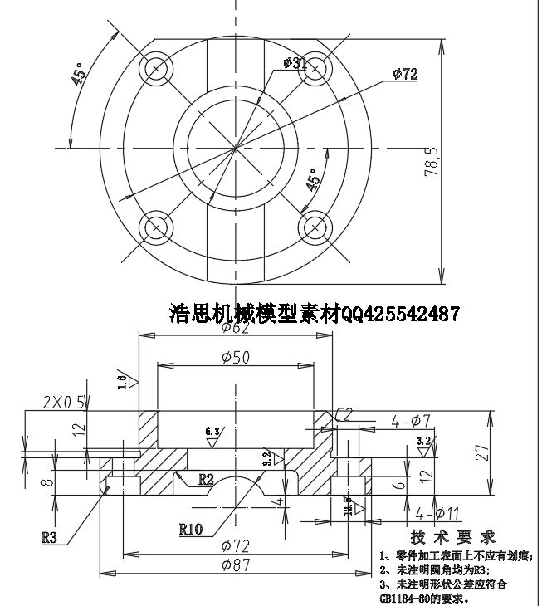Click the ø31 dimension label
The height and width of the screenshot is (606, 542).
pos(295,62)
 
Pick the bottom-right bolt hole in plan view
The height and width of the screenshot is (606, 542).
pos(315,226)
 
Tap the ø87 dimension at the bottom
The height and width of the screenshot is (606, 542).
pos(237,564)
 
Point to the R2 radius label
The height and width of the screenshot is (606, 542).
pos(207,479)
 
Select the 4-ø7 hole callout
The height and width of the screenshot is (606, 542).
pos(410,422)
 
